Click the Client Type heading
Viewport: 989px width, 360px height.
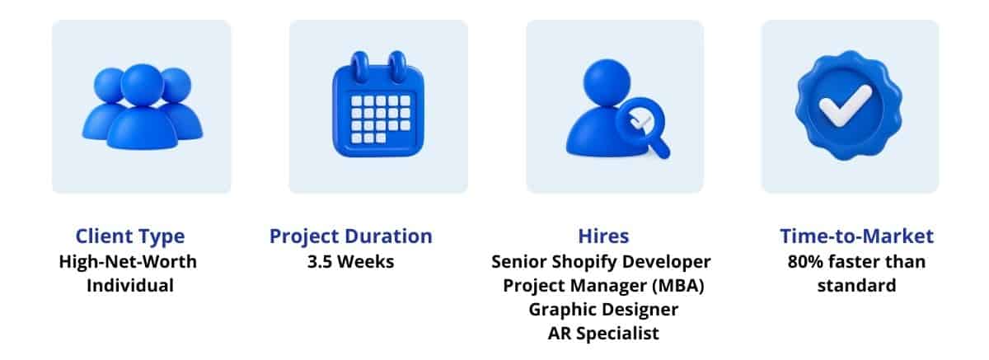point(130,237)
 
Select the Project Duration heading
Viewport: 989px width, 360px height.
point(351,237)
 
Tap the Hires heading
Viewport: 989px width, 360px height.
point(603,236)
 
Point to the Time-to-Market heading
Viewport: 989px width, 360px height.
point(856,236)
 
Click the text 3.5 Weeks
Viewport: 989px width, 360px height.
point(351,262)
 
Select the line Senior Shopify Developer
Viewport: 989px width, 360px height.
point(602,263)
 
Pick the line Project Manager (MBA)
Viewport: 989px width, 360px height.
point(603,286)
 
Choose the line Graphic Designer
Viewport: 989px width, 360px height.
point(603,310)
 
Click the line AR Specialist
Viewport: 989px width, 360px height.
point(603,334)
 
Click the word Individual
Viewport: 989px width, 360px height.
point(130,286)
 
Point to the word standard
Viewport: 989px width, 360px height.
point(856,286)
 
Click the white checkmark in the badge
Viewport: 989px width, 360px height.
point(845,106)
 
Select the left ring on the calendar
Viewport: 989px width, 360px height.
point(360,67)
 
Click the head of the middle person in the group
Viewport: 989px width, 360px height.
point(142,85)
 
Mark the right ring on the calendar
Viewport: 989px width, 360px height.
point(397,67)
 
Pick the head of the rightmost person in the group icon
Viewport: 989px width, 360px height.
point(177,85)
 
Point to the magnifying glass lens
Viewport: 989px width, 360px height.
point(637,119)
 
